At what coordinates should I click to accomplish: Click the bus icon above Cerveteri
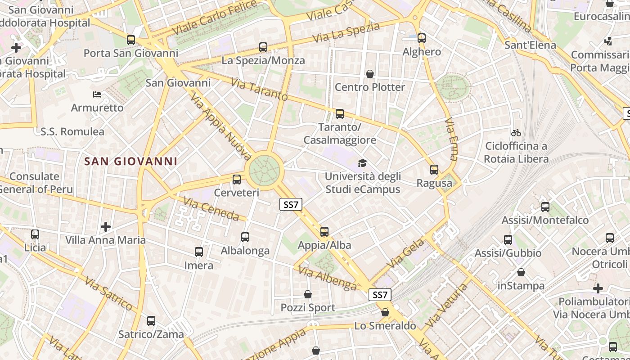237,180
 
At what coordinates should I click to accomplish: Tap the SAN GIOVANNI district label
131,161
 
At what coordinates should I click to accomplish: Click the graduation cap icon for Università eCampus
362,163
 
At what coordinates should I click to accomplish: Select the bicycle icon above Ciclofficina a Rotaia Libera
516,133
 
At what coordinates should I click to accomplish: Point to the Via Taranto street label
259,89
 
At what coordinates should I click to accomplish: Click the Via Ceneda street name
211,209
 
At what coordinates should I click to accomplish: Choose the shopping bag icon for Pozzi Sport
308,294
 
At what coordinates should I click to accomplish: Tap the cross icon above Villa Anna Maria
106,226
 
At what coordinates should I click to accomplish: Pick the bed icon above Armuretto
97,94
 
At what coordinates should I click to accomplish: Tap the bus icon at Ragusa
434,170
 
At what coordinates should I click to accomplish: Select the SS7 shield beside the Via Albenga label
380,295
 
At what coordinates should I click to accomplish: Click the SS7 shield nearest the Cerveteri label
291,205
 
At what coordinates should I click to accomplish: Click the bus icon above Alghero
422,38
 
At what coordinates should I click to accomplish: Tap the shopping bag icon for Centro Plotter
370,73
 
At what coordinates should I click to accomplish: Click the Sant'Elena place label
530,45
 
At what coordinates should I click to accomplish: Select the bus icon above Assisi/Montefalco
545,207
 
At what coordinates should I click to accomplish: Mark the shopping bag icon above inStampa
521,272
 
